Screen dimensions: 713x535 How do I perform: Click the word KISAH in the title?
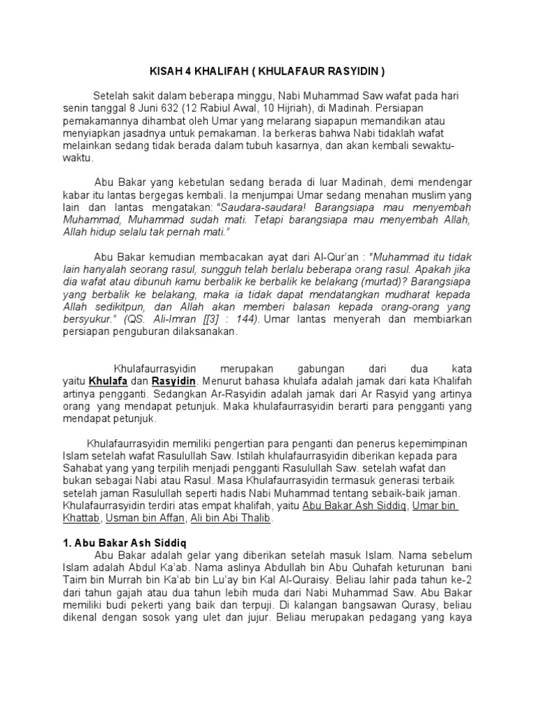(167, 72)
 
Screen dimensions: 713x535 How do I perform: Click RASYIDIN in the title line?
(353, 72)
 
